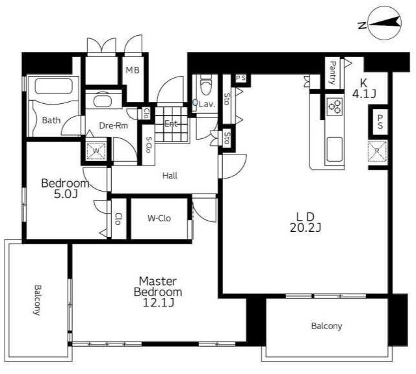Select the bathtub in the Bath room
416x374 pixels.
coord(53,86)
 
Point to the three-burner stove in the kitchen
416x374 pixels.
coord(335,106)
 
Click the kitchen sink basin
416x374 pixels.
coord(334,149)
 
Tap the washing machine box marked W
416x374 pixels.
coord(96,151)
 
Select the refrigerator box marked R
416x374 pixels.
coord(377,151)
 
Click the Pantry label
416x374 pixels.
coord(333,72)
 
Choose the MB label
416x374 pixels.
coord(133,70)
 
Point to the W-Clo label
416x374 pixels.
coord(159,218)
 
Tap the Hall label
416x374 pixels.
coord(170,175)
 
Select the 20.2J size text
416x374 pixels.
coord(305,228)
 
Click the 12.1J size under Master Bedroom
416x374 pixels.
coord(159,303)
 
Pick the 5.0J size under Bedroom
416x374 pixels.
coord(66,195)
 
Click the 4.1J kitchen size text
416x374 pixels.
coord(364,94)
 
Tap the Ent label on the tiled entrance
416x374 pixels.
coord(171,123)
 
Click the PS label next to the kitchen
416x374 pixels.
coord(380,121)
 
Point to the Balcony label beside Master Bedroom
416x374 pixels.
coord(37,300)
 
